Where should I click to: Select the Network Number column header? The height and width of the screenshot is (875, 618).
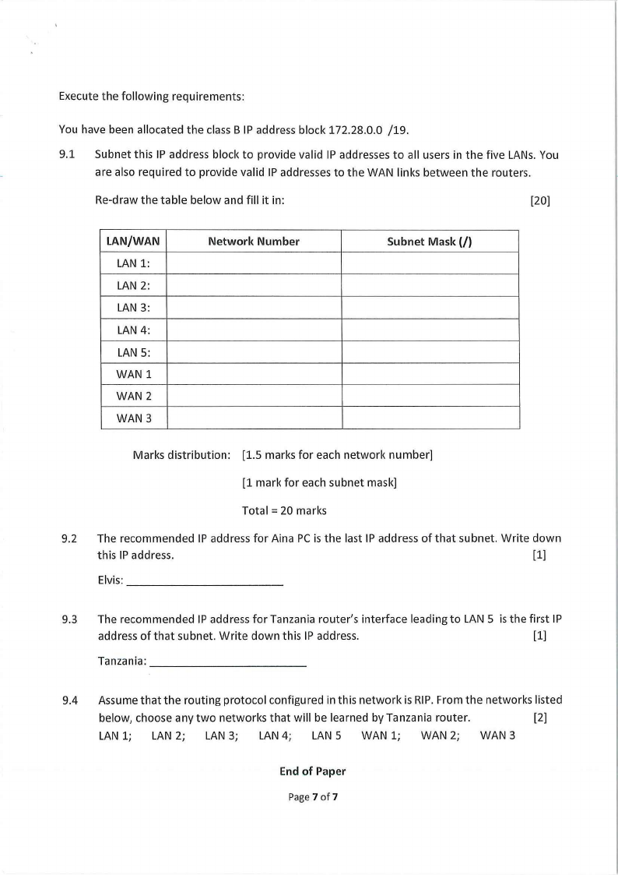coord(254,242)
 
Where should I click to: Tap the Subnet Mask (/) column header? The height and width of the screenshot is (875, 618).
coord(430,242)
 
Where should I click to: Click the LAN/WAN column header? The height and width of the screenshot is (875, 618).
coord(133,242)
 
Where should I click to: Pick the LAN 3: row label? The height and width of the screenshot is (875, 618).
coord(133,308)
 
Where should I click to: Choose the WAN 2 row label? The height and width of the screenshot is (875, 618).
coord(133,396)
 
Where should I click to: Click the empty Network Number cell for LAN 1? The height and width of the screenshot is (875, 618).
coord(254,263)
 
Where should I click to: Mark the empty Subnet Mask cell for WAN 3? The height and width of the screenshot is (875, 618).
coord(430,418)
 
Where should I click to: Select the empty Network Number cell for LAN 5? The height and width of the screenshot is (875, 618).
coord(254,352)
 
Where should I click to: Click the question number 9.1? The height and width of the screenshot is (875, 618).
coord(67,155)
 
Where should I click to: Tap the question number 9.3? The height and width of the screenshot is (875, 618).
coord(69,620)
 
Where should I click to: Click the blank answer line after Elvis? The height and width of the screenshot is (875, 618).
coord(204,584)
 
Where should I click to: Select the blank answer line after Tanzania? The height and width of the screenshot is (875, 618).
coord(227,665)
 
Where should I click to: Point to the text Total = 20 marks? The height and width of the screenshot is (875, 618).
coord(284,511)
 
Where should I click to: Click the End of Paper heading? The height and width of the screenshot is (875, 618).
coord(312,771)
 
